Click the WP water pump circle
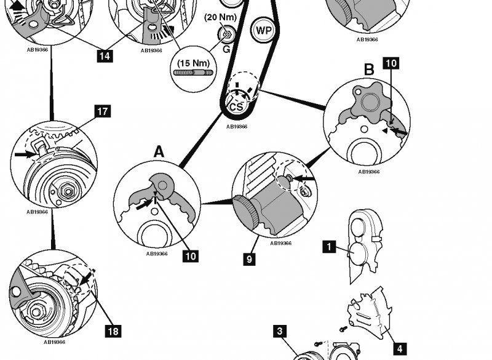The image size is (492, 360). (x=263, y=29)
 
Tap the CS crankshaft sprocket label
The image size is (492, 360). (x=236, y=106)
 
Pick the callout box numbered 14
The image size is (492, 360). (x=105, y=56)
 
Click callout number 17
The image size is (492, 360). (x=102, y=111)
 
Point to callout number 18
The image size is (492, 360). (x=113, y=332)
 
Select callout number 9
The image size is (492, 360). (x=249, y=260)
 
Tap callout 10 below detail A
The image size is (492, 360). (x=191, y=255)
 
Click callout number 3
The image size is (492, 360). (x=280, y=332)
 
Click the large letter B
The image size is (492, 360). (x=368, y=70)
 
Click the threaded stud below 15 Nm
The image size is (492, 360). (x=192, y=73)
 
